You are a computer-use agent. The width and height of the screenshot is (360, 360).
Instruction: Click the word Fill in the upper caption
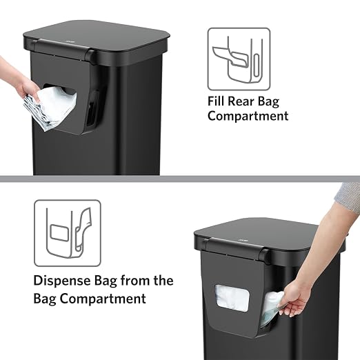pyautogui.click(x=216, y=101)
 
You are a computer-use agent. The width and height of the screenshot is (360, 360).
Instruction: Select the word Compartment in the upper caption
pyautogui.click(x=248, y=116)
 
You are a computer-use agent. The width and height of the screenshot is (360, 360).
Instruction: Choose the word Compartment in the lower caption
pyautogui.click(x=103, y=299)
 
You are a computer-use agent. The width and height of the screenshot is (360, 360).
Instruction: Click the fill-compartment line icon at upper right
pyautogui.click(x=239, y=59)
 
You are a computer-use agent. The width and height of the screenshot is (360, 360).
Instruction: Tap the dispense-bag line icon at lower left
pyautogui.click(x=68, y=233)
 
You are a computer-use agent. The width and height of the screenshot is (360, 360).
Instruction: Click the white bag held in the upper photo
pyautogui.click(x=52, y=108)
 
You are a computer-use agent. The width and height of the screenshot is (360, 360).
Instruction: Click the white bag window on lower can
pyautogui.click(x=232, y=298)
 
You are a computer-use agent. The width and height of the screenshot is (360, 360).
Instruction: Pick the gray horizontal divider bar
pyautogui.click(x=180, y=179)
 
